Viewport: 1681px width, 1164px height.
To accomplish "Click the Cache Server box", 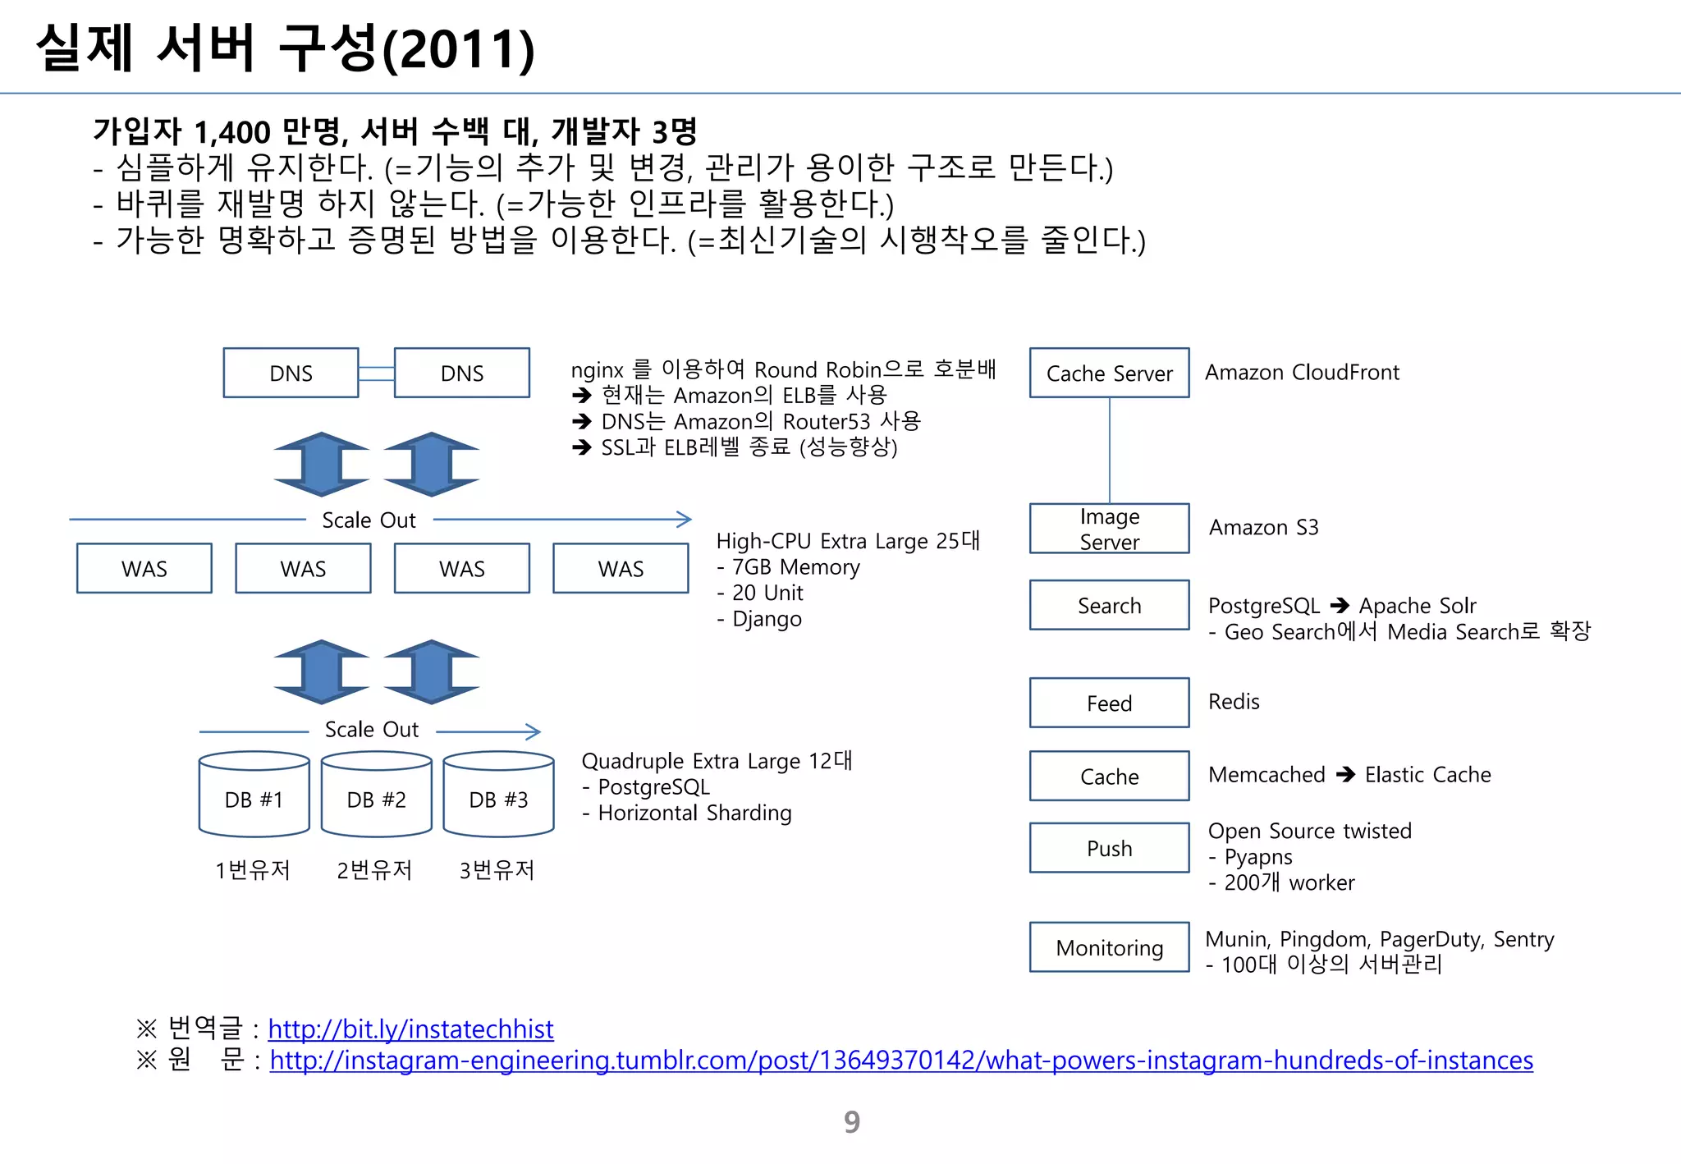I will [x=1109, y=373].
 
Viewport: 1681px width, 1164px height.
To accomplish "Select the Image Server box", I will [x=1109, y=529].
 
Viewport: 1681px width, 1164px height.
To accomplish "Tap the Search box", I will [x=1109, y=605].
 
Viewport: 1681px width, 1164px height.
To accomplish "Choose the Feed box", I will [x=1109, y=703].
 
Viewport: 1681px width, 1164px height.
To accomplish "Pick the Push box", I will [x=1109, y=848].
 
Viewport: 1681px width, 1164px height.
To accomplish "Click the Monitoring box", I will [x=1109, y=947].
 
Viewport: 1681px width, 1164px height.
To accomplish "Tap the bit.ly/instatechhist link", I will [x=410, y=1029].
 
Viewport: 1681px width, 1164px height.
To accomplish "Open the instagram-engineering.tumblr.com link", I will [x=900, y=1060].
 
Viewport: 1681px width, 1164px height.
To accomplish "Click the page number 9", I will [x=852, y=1121].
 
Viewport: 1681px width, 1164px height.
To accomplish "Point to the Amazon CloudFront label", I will [x=1302, y=372].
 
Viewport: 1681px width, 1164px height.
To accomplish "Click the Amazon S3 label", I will [x=1263, y=527].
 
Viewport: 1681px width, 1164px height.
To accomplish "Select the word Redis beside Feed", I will [x=1234, y=702].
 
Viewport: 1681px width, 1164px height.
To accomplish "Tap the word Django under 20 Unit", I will [x=767, y=619].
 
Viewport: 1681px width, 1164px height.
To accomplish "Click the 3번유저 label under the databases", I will [x=497, y=870].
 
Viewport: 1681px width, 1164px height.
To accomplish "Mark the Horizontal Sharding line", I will [x=694, y=813].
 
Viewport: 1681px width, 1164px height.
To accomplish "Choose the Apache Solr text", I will [x=1418, y=606].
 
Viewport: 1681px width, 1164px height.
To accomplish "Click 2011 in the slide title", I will [x=458, y=49].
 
